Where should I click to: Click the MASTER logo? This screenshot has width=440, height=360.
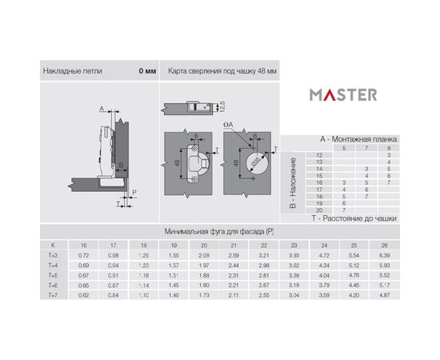(344, 94)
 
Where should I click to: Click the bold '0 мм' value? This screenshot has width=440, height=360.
(147, 71)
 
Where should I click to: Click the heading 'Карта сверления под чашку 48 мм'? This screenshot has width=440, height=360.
(222, 71)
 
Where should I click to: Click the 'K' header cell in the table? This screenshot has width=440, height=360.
(54, 244)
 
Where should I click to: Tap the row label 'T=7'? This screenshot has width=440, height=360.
(54, 296)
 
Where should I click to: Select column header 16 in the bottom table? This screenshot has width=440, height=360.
(82, 244)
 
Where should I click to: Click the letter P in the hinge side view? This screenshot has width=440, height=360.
(134, 192)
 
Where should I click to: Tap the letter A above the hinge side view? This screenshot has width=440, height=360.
(102, 106)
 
